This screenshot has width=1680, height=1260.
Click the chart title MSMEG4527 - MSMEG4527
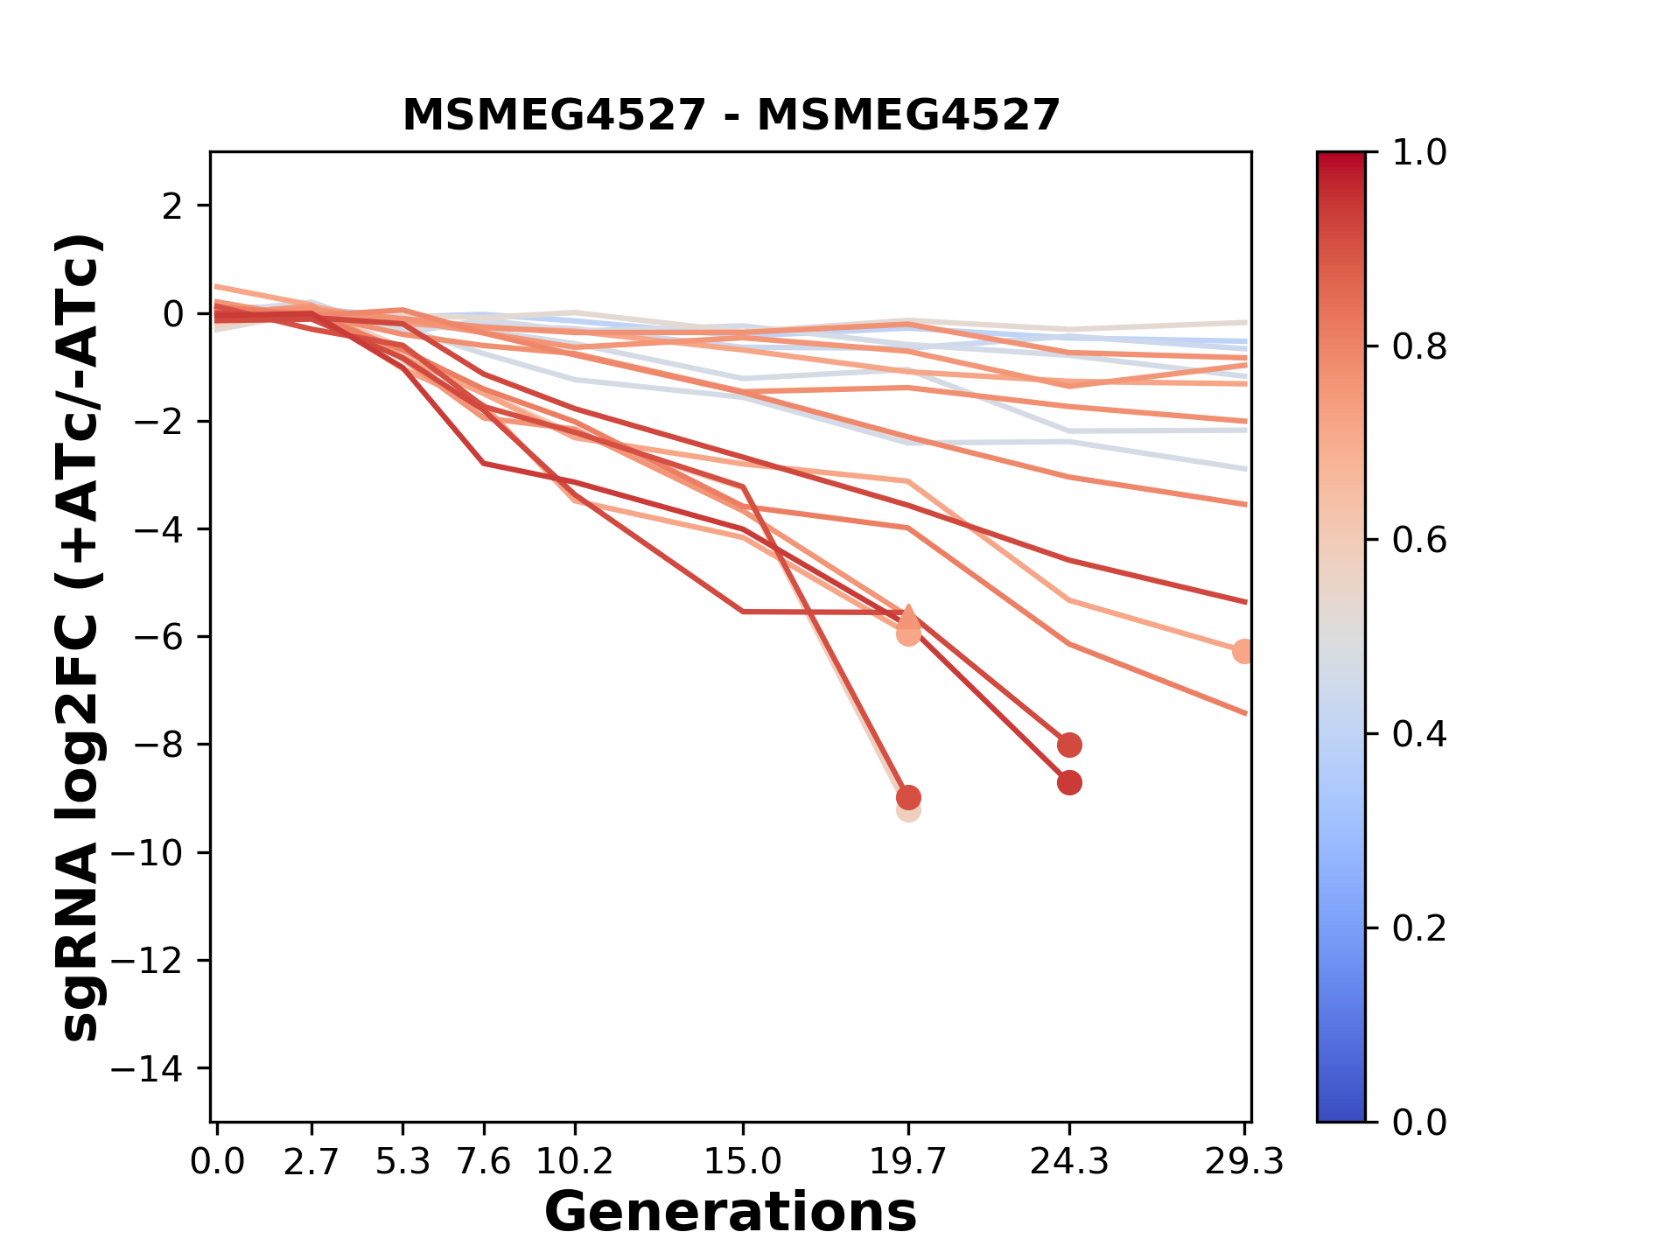pyautogui.click(x=731, y=115)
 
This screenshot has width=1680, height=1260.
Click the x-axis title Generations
pyautogui.click(x=731, y=1213)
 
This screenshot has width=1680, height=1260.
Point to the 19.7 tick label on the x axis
pyautogui.click(x=908, y=1162)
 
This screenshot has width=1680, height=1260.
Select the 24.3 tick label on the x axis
pyautogui.click(x=1068, y=1162)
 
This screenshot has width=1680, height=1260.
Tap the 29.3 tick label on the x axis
pyautogui.click(x=1243, y=1162)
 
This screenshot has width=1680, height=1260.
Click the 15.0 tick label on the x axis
pyautogui.click(x=743, y=1162)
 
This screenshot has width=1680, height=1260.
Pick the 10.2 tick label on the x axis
pyautogui.click(x=574, y=1162)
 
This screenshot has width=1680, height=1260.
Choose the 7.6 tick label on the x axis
pyautogui.click(x=484, y=1162)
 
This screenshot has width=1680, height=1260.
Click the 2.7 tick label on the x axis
pyautogui.click(x=311, y=1162)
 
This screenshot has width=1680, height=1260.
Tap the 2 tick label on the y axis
pyautogui.click(x=172, y=206)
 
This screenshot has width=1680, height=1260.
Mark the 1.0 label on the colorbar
pyautogui.click(x=1419, y=153)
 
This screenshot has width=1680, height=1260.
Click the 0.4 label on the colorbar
pyautogui.click(x=1419, y=734)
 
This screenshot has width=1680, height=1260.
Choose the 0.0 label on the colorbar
pyautogui.click(x=1419, y=1122)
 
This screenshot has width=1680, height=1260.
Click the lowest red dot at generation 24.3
pyautogui.click(x=1068, y=783)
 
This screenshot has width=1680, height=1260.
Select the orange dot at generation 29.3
pyautogui.click(x=1243, y=651)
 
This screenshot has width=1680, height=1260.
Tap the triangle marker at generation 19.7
pyautogui.click(x=908, y=615)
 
